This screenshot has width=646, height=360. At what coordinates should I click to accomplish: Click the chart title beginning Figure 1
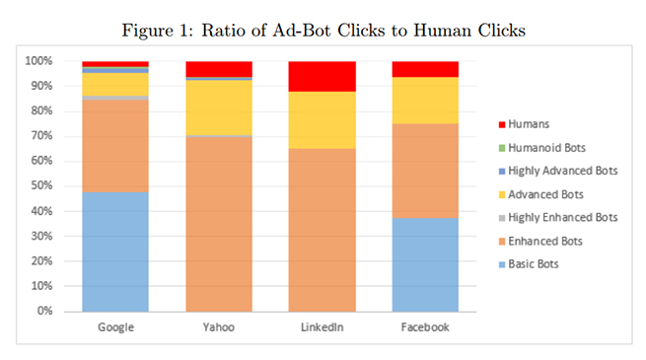click(x=323, y=30)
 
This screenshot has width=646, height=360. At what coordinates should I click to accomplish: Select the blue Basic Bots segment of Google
click(x=115, y=252)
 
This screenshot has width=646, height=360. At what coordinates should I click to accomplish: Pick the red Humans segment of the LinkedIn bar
click(x=321, y=76)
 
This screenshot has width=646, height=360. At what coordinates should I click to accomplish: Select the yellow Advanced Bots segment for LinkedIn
click(x=321, y=120)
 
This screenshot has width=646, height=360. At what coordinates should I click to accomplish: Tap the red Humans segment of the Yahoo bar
click(x=219, y=68)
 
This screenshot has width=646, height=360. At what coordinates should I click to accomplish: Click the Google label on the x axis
click(x=115, y=327)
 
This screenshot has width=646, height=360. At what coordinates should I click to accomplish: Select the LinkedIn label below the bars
click(x=321, y=327)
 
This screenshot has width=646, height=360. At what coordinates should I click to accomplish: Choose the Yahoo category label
click(x=219, y=327)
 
